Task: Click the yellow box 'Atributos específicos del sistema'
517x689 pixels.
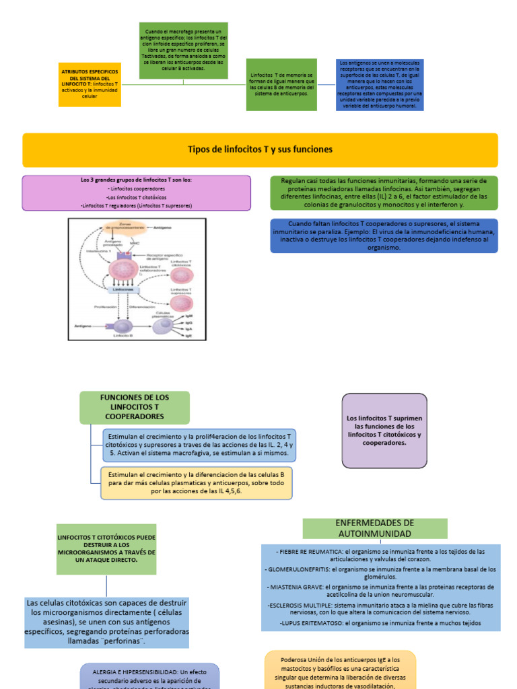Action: click(x=90, y=84)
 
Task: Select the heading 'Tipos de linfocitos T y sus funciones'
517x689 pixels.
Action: click(x=260, y=149)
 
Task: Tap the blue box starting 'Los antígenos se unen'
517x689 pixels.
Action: click(x=380, y=84)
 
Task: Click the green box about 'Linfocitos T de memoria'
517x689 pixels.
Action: click(x=281, y=84)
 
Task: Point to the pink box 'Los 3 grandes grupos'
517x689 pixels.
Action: click(x=136, y=193)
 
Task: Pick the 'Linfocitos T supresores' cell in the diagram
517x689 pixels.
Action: click(x=180, y=303)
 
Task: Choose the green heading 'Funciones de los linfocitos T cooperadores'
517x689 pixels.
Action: click(x=135, y=407)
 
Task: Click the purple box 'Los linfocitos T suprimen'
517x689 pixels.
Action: click(x=384, y=431)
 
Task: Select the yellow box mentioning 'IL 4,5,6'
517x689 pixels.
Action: click(x=197, y=482)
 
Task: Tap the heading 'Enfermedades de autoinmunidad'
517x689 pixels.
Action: click(x=375, y=528)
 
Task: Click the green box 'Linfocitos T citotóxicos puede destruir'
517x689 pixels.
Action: click(x=106, y=549)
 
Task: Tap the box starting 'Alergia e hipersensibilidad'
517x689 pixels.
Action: click(x=149, y=676)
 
